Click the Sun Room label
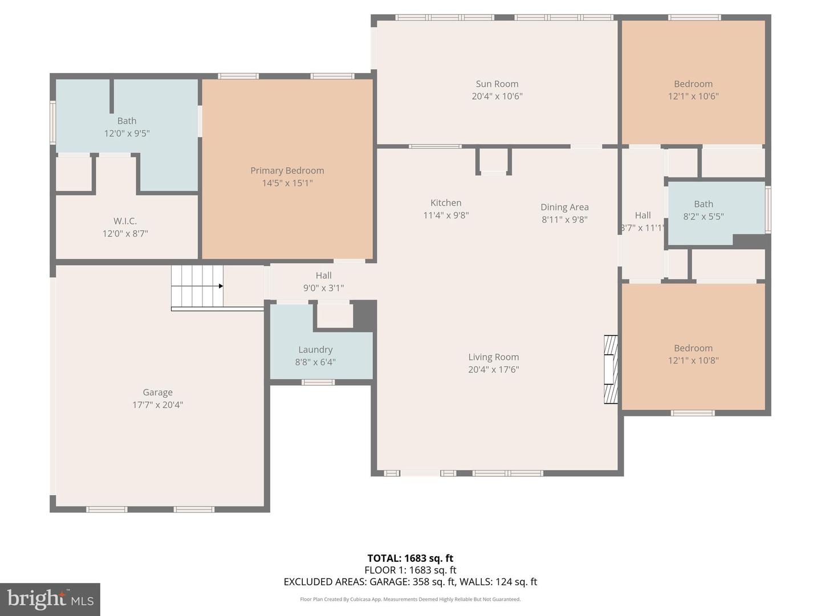click(x=497, y=84)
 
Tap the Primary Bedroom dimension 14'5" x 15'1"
click(x=287, y=183)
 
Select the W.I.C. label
click(x=125, y=221)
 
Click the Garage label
click(x=157, y=392)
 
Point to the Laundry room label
click(x=315, y=350)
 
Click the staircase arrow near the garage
click(x=220, y=286)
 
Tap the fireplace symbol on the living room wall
click(x=611, y=370)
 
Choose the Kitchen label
click(x=446, y=202)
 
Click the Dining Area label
click(x=564, y=207)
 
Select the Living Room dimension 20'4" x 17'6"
click(x=494, y=370)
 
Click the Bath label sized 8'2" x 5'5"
click(x=704, y=204)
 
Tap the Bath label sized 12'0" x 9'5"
click(x=127, y=120)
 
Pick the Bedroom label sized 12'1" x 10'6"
click(x=693, y=84)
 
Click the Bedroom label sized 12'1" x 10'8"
click(x=693, y=348)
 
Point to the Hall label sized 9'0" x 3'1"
click(x=323, y=275)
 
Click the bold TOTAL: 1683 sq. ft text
click(x=410, y=558)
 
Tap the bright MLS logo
click(x=50, y=599)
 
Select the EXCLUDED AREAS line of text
click(x=410, y=582)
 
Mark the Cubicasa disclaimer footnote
click(x=410, y=599)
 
